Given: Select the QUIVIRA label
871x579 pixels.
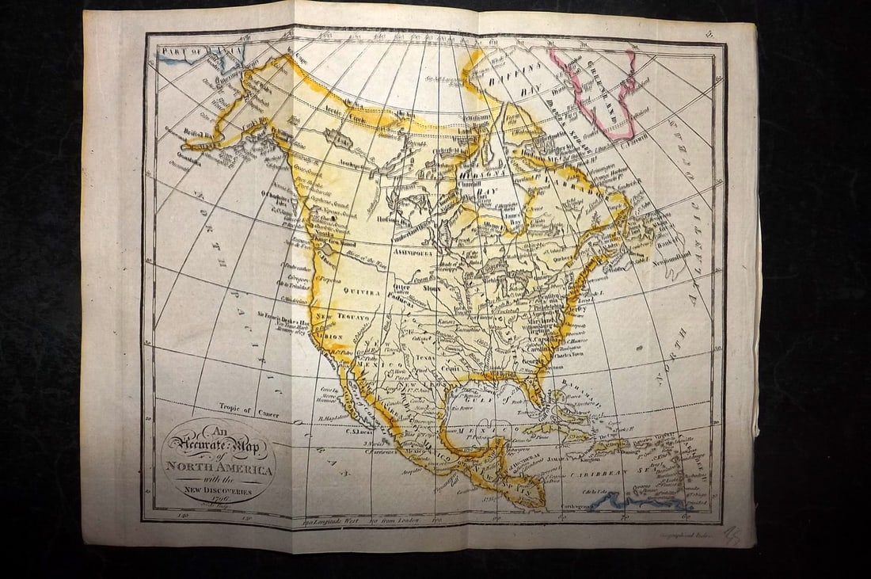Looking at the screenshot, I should pyautogui.click(x=361, y=291).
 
